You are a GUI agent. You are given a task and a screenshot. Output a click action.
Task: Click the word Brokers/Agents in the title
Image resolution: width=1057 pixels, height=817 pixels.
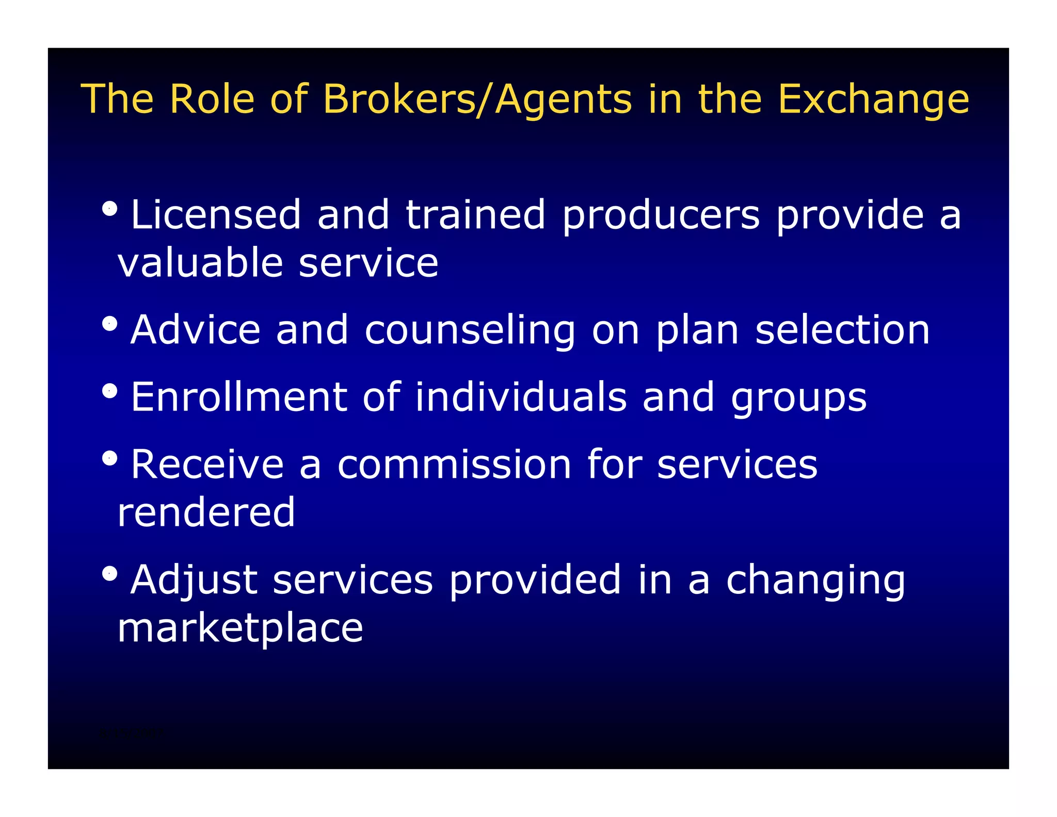477,99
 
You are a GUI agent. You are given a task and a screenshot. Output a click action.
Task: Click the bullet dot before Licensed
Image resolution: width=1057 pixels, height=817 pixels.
109,209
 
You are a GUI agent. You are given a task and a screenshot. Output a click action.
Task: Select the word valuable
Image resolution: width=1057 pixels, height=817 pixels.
200,263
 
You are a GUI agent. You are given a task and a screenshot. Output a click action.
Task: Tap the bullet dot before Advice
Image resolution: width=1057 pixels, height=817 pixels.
109,324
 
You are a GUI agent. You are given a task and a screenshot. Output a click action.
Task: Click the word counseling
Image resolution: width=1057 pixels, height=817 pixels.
470,331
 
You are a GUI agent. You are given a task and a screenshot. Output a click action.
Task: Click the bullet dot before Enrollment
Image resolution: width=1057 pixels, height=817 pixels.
109,391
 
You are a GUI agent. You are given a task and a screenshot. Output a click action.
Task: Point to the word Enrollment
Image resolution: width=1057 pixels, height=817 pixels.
239,397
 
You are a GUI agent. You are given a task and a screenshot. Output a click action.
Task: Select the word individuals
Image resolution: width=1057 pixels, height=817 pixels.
521,397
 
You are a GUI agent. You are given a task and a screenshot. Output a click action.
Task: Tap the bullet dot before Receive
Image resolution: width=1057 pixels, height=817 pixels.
109,458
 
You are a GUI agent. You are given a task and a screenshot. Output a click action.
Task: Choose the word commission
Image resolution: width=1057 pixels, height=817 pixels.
454,464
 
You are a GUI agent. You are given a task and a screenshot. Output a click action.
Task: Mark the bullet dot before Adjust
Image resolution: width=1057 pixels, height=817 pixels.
109,573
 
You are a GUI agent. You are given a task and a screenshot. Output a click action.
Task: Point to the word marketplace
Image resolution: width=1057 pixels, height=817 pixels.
241,629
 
